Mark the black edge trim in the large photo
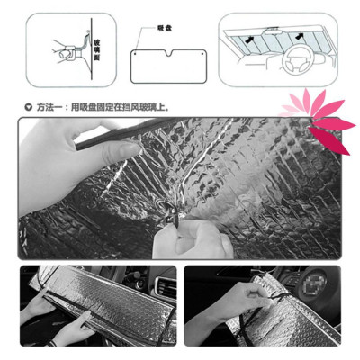tap(117, 135)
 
